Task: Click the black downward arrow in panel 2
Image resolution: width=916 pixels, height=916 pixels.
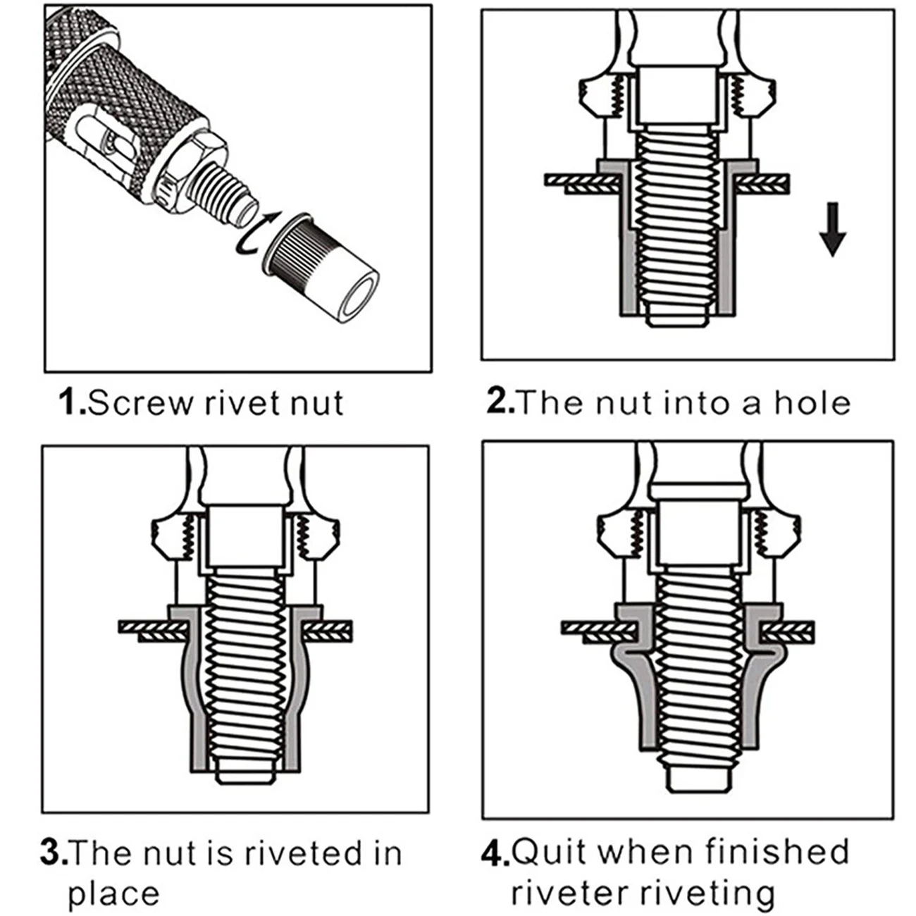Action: coord(832,229)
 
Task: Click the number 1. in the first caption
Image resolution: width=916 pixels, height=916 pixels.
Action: coord(73,402)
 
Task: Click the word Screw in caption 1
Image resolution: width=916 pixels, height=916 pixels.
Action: coord(141,403)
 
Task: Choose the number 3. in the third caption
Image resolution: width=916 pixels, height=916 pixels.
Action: coord(54,853)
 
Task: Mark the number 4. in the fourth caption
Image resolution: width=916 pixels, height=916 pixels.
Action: coord(495,853)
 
